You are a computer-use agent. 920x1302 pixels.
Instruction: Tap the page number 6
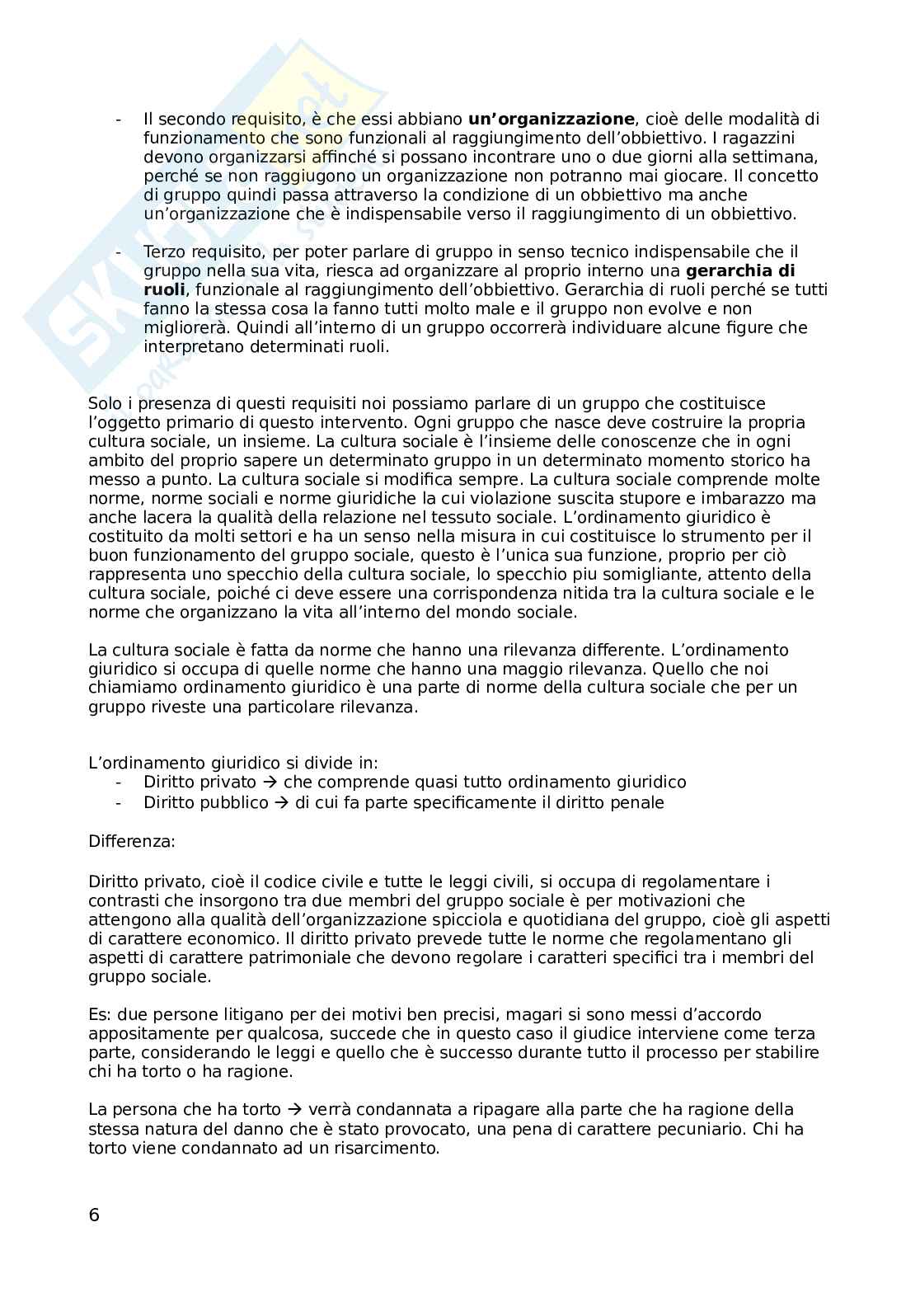[x=94, y=1215]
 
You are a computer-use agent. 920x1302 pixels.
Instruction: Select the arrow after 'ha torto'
[x=294, y=1109]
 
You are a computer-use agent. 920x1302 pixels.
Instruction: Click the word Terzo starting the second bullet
[x=163, y=251]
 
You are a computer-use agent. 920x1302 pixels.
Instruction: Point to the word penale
[x=635, y=802]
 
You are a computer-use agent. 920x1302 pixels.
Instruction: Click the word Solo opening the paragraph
[x=105, y=403]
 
